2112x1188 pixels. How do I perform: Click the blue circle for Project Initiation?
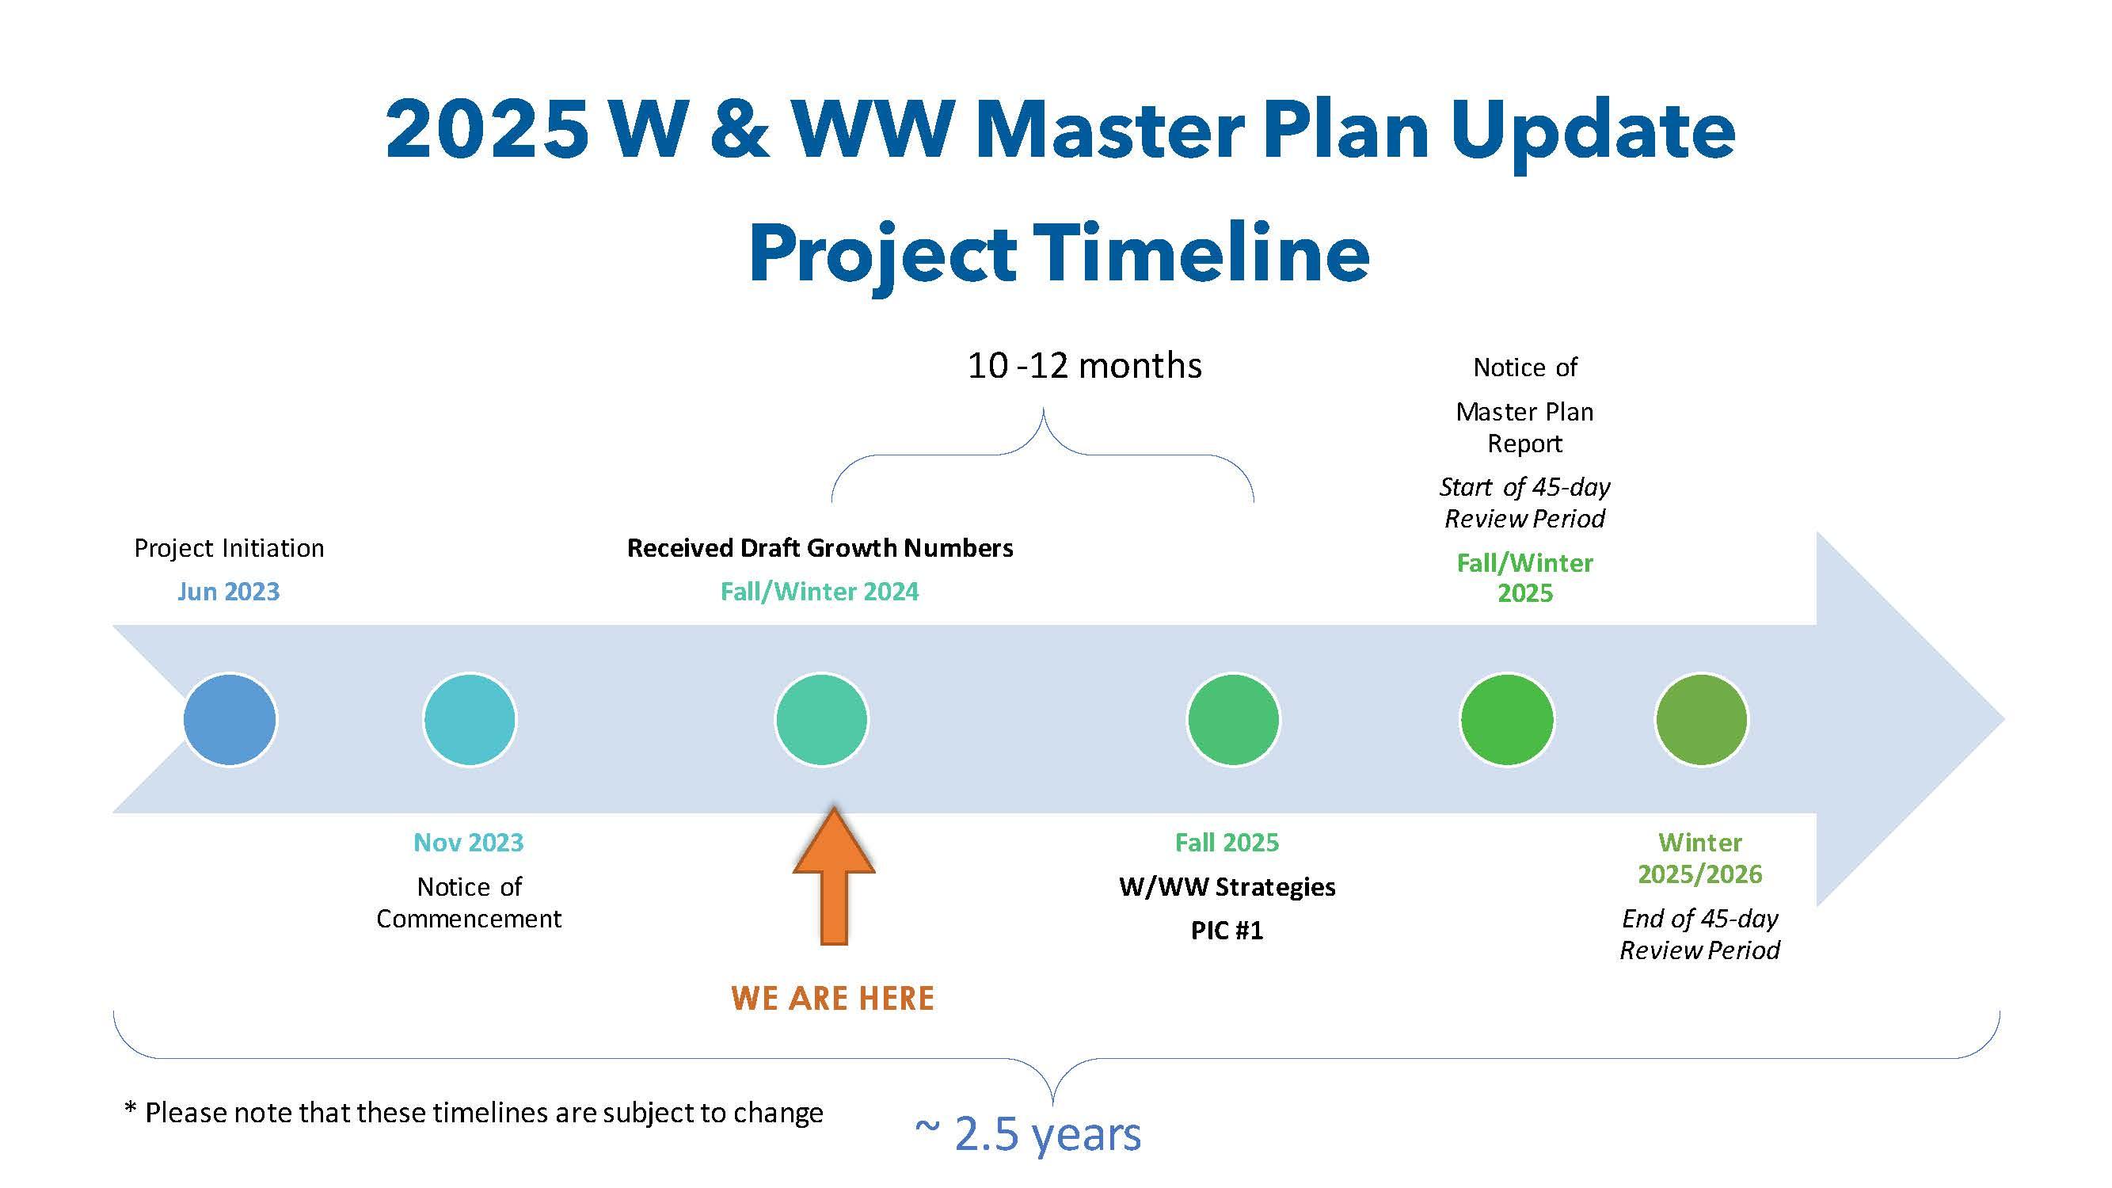230,720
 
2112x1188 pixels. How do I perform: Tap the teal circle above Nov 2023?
470,720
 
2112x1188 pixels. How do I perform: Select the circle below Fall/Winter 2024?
821,720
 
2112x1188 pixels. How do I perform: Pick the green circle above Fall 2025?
1233,720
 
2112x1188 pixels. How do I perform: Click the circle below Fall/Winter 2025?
1507,720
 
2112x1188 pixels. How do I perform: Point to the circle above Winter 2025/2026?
1701,720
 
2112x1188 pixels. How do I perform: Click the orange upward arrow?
834,876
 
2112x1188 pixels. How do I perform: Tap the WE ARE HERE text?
833,998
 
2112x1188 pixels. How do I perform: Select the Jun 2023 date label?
229,591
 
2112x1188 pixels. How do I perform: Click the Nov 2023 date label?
469,842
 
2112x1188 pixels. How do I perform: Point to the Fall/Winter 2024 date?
820,591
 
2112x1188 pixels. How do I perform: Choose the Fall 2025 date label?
1227,842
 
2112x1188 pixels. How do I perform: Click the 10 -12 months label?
1085,366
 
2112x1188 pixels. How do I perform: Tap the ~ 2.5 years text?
1028,1134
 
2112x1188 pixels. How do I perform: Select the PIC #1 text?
1227,931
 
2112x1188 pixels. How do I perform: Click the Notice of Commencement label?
469,902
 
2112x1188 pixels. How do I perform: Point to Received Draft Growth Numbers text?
820,548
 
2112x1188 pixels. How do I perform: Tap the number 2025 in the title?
487,130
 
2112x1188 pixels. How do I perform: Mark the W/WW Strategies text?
1227,886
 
